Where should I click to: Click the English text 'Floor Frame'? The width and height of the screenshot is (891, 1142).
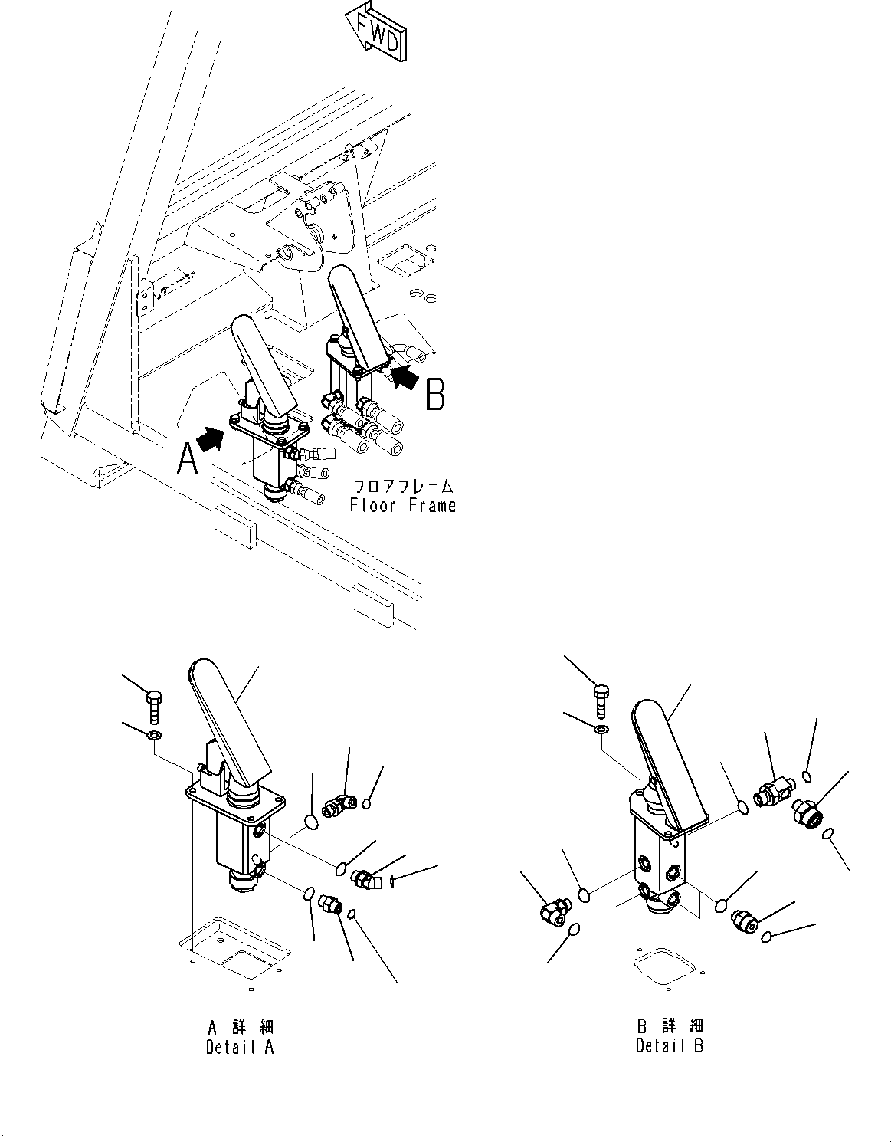(402, 506)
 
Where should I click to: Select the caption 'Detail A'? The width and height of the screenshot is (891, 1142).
(240, 1047)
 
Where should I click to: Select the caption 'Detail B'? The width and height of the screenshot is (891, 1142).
(669, 1045)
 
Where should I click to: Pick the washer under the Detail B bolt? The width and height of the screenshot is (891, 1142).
(602, 728)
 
